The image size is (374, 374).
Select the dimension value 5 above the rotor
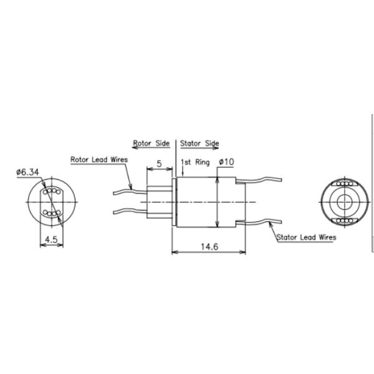(x=159, y=164)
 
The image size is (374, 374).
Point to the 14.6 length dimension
(x=208, y=247)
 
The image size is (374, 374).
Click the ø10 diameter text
(x=226, y=162)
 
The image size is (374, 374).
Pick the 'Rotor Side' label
(x=151, y=143)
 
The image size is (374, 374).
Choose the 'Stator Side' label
(x=199, y=143)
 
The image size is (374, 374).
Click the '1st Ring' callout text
(x=194, y=162)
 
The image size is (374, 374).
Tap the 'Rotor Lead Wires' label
(x=99, y=160)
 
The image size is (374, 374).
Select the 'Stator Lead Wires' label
(x=306, y=237)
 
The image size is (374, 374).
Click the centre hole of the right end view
(x=344, y=202)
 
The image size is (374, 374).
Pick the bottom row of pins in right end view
(x=344, y=220)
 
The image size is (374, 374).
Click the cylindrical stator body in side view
(x=206, y=202)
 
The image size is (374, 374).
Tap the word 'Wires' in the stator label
(x=324, y=237)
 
